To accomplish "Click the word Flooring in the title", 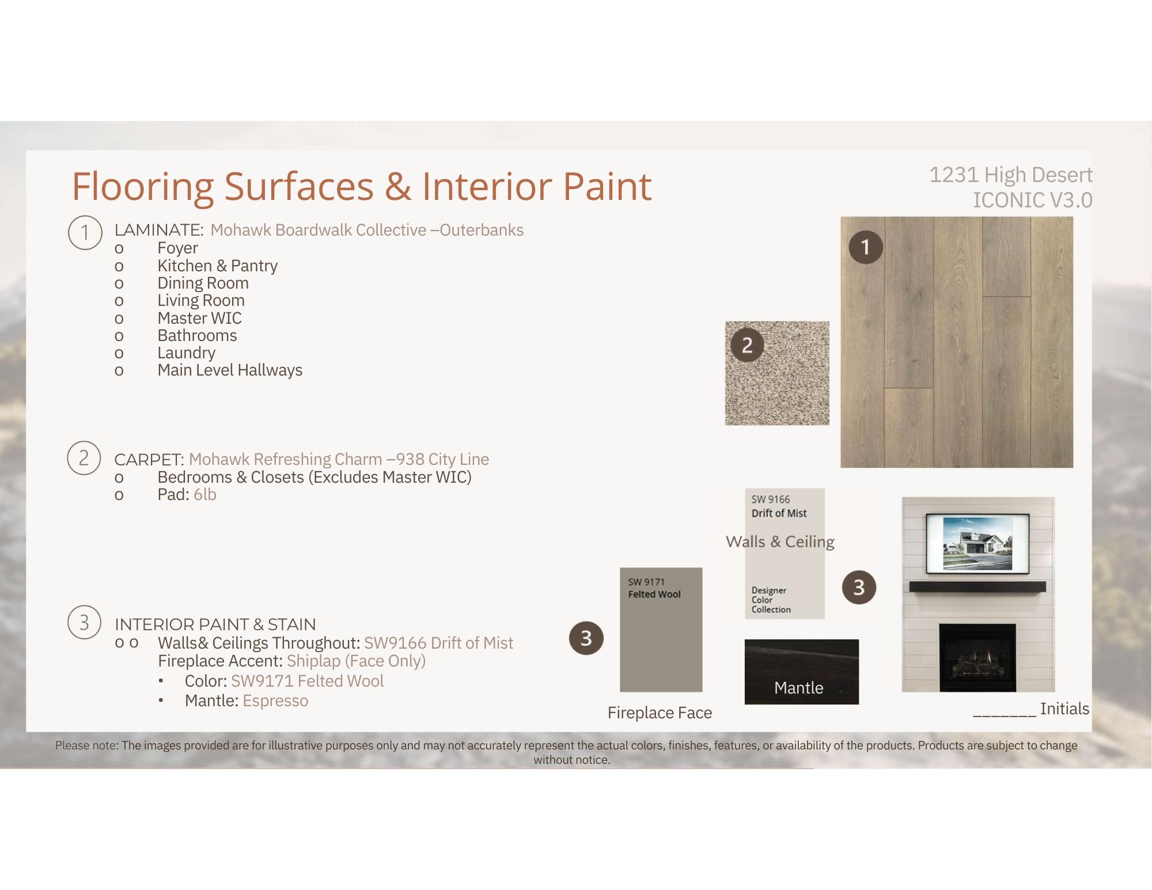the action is pyautogui.click(x=143, y=187).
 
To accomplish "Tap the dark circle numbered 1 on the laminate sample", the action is pyautogui.click(x=865, y=247).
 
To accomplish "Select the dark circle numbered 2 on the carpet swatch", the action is pyautogui.click(x=747, y=345).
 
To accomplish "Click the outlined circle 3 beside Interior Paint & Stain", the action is pyautogui.click(x=84, y=622).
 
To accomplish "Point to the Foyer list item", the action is pyautogui.click(x=177, y=248).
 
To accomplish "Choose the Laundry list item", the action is pyautogui.click(x=186, y=353).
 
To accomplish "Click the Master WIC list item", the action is pyautogui.click(x=199, y=318).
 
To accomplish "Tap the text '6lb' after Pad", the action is pyautogui.click(x=204, y=494).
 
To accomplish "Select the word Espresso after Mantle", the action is pyautogui.click(x=275, y=701).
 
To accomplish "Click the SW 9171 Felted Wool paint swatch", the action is pyautogui.click(x=661, y=630).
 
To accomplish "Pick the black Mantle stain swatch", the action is pyautogui.click(x=801, y=672).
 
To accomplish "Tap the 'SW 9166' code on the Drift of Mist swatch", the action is pyautogui.click(x=770, y=499).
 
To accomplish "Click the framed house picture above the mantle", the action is pyautogui.click(x=977, y=543).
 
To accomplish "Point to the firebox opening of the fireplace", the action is pyautogui.click(x=977, y=657).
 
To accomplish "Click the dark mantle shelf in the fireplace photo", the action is pyautogui.click(x=978, y=586).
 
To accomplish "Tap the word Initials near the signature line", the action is pyautogui.click(x=1064, y=709).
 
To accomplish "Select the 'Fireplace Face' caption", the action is pyautogui.click(x=660, y=713).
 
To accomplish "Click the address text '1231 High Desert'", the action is pyautogui.click(x=1010, y=175).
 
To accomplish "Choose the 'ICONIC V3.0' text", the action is pyautogui.click(x=1032, y=200).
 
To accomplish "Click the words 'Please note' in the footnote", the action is pyautogui.click(x=86, y=745).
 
